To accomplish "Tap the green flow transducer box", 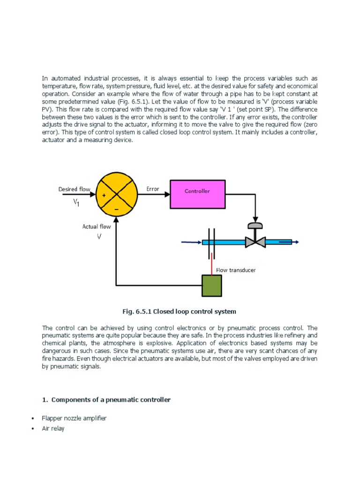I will click(x=212, y=285).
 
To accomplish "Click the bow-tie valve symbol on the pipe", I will click(x=255, y=242).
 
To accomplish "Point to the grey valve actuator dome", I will click(x=255, y=225).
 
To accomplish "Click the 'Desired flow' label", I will click(x=74, y=189).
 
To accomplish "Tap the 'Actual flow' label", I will click(x=97, y=226).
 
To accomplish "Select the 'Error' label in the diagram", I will click(x=153, y=189).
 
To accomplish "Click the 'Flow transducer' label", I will click(x=236, y=270).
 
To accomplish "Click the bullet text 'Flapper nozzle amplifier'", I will click(x=74, y=418).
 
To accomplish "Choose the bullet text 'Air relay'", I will click(x=53, y=428).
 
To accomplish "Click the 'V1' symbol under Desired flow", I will click(x=76, y=202).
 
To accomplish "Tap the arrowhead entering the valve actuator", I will click(x=255, y=218).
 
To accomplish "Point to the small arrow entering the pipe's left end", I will click(x=190, y=242).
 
